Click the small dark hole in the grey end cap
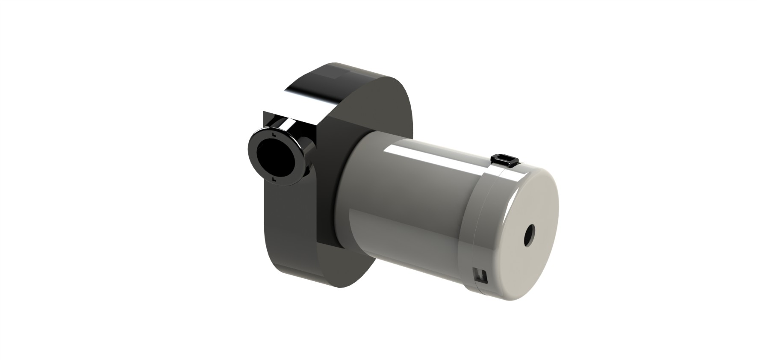pyautogui.click(x=530, y=235)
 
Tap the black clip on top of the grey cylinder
pyautogui.click(x=504, y=159)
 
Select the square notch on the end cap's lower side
pyautogui.click(x=481, y=274)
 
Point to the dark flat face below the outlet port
pyautogui.click(x=295, y=222)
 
